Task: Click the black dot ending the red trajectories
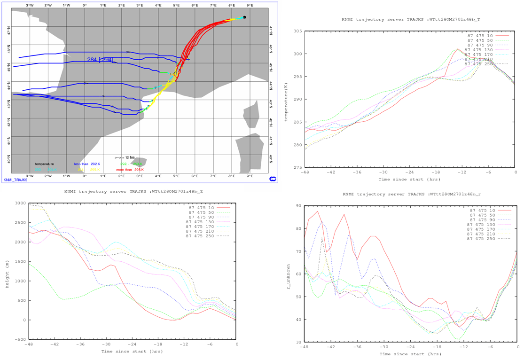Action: coord(244,17)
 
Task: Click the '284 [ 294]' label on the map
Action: coord(100,59)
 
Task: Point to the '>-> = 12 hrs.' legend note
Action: coord(125,157)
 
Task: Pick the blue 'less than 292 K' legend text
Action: coord(87,164)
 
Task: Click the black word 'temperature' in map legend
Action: coord(44,164)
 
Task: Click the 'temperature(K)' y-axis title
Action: coord(286,99)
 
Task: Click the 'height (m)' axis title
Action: coord(7,271)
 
